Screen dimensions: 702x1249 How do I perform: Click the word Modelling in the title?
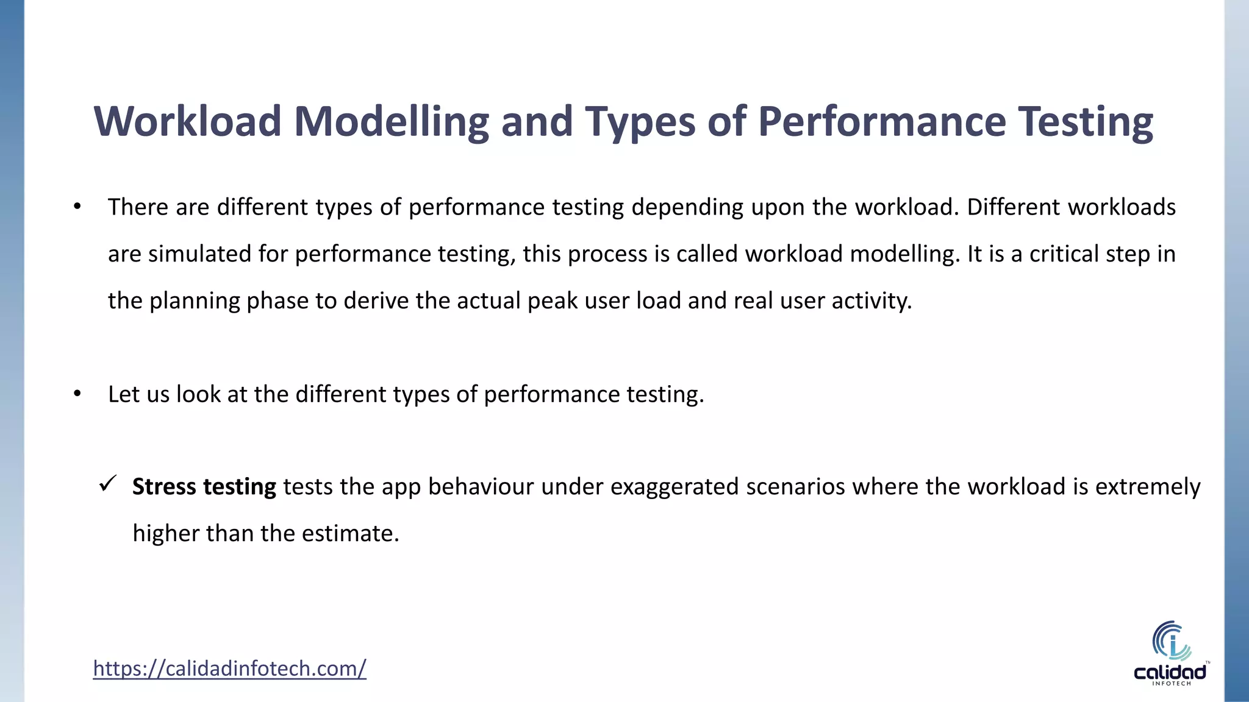pos(391,122)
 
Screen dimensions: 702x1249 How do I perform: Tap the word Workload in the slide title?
pos(187,121)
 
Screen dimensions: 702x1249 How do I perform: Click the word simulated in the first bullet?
pos(199,254)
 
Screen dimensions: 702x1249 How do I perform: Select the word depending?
pos(687,208)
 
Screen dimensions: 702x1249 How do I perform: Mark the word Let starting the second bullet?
pos(123,394)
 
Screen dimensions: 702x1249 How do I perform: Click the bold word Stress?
pos(164,487)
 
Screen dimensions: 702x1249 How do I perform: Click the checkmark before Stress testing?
pos(108,485)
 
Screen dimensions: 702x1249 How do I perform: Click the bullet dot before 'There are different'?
pos(77,208)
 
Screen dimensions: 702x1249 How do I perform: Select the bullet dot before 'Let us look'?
pos(77,395)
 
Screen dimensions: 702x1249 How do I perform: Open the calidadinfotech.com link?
pos(229,668)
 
